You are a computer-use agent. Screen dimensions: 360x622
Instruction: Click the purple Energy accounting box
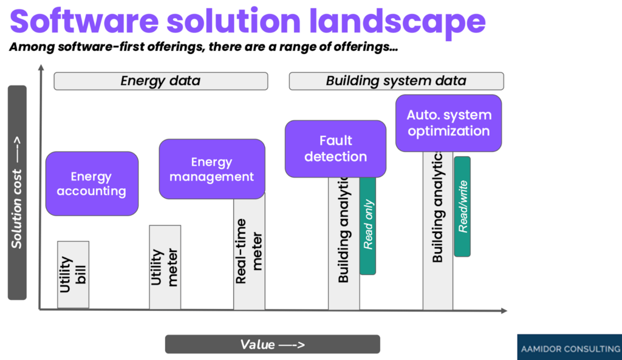tap(92, 183)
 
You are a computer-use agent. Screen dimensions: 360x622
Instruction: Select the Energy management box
tap(211, 169)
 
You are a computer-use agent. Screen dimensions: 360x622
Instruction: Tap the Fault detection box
tap(335, 149)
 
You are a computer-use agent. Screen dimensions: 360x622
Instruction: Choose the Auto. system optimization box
tap(448, 123)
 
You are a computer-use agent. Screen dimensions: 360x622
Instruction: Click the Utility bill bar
tap(73, 274)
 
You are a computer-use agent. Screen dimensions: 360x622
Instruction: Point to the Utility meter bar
tap(165, 267)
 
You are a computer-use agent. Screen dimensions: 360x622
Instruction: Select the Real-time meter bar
tap(249, 252)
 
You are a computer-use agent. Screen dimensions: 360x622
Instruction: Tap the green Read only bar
tap(368, 225)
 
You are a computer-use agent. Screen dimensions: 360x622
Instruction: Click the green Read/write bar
tap(462, 206)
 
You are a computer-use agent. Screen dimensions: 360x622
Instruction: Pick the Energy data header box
tap(160, 81)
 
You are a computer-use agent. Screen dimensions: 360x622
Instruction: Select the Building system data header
tap(396, 81)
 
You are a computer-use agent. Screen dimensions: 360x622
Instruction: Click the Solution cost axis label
tap(17, 192)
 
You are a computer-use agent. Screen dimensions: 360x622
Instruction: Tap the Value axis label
tap(272, 344)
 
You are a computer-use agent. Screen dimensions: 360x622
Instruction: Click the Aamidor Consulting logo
tap(569, 349)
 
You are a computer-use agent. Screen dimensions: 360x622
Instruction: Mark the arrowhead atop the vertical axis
tap(41, 68)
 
